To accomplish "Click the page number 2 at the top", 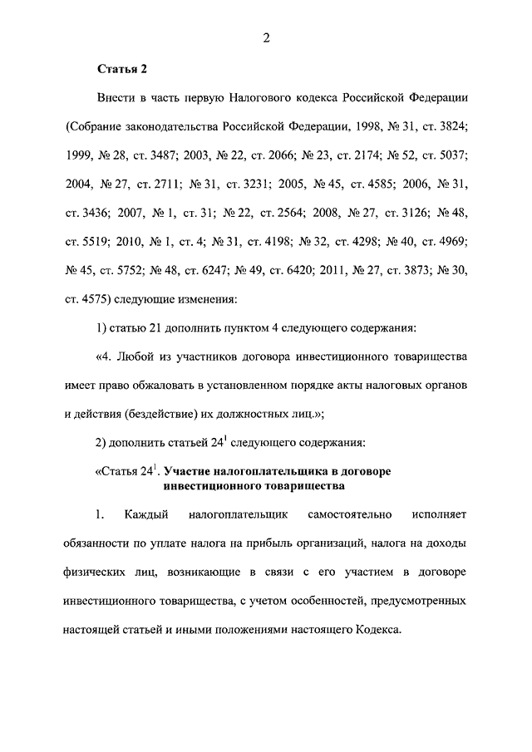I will [x=267, y=37].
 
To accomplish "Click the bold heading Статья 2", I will [x=122, y=68].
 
